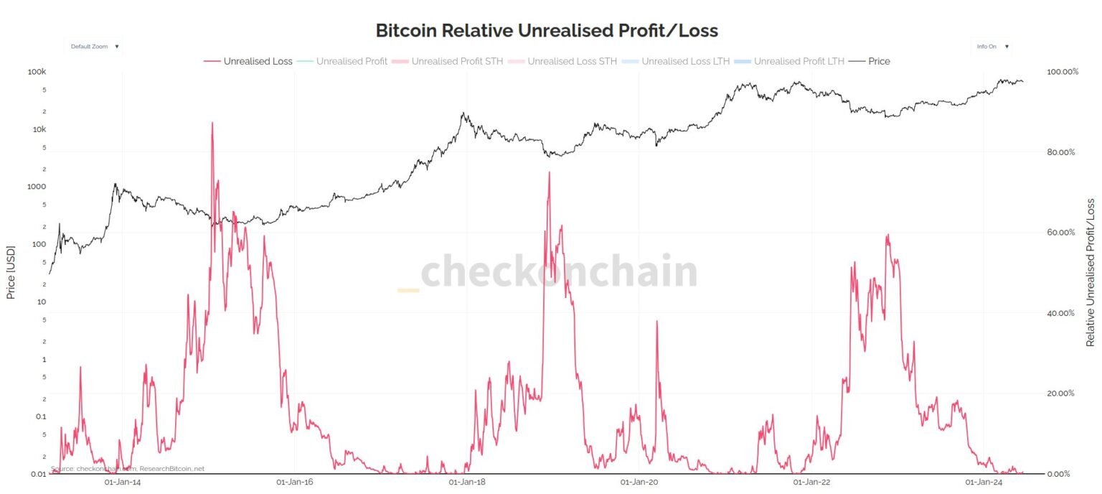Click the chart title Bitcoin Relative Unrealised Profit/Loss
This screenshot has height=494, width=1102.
click(x=547, y=30)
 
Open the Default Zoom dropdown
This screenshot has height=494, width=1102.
click(x=94, y=46)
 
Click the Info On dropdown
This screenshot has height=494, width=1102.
click(x=993, y=46)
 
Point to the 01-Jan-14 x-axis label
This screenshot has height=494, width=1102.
click(x=123, y=483)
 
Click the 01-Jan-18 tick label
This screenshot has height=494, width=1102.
click(x=467, y=483)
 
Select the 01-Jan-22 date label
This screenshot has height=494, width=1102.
click(x=811, y=483)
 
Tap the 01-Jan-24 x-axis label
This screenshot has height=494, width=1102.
click(x=984, y=483)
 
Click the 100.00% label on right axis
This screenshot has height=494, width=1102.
click(x=1063, y=72)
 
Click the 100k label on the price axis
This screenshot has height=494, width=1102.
click(x=37, y=72)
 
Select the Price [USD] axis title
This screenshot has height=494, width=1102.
click(x=11, y=273)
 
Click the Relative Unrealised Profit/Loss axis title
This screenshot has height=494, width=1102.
click(x=1091, y=273)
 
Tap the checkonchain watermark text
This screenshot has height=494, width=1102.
click(x=558, y=272)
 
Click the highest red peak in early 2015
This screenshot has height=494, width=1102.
click(x=212, y=123)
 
